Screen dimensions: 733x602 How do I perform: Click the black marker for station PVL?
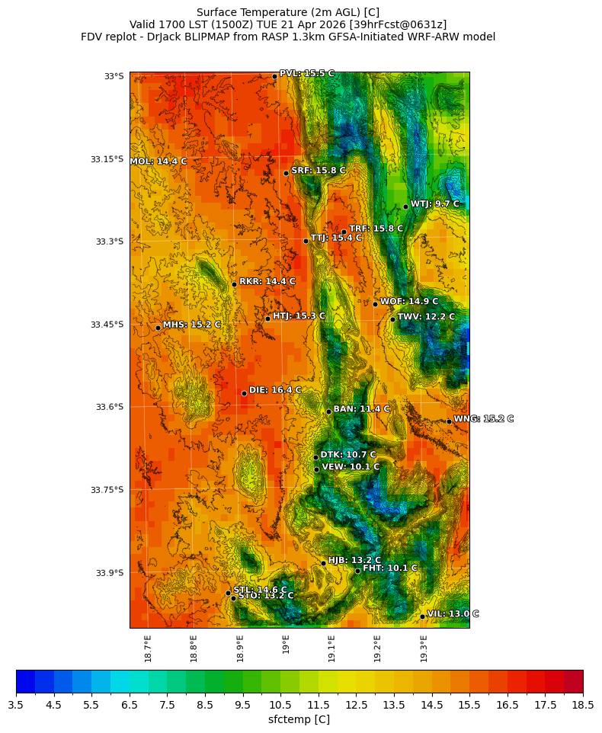click(275, 76)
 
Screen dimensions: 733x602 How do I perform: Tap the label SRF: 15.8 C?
click(319, 171)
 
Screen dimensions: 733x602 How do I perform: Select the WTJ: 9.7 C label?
click(435, 204)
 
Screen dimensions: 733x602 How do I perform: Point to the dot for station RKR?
click(235, 284)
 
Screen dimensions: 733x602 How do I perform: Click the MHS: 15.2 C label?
click(192, 325)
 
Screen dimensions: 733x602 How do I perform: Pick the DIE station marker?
click(244, 393)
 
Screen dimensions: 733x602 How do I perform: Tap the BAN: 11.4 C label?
click(361, 409)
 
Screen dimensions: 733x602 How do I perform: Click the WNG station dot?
click(449, 421)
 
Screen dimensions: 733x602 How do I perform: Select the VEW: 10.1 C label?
click(351, 467)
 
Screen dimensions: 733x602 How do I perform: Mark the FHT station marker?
click(357, 571)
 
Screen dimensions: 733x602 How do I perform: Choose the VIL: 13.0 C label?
click(453, 614)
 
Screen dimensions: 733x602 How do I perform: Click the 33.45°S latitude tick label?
click(107, 325)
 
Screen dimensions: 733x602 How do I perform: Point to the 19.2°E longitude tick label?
click(377, 648)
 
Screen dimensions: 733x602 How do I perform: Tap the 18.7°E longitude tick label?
click(148, 648)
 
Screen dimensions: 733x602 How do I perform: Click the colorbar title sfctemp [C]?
click(299, 720)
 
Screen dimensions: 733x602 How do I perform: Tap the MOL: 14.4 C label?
click(159, 162)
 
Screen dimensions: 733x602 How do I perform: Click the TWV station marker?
click(392, 319)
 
